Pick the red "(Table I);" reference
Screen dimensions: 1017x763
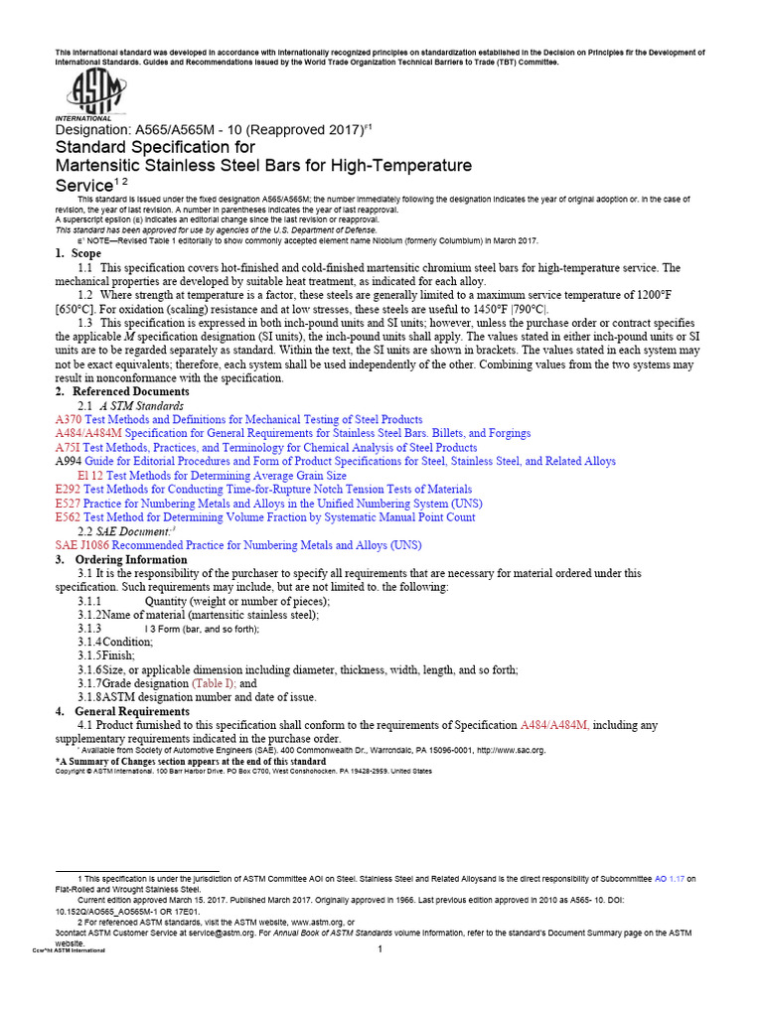(216, 684)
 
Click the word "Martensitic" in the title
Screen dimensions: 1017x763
(104, 165)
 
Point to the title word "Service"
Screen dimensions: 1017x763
(82, 186)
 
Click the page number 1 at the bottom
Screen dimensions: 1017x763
(380, 950)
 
